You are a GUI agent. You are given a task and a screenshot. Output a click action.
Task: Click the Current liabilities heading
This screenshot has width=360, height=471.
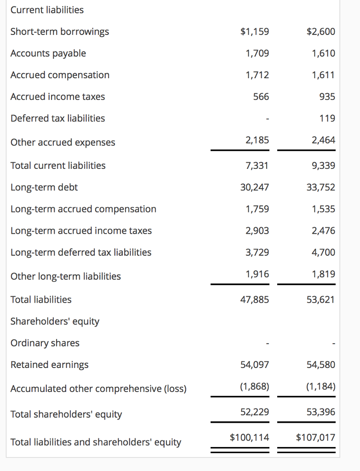tap(47, 10)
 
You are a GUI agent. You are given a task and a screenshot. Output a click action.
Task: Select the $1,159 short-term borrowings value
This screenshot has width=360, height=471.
tap(255, 32)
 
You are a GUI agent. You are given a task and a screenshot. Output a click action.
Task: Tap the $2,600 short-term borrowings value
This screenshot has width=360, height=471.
tap(320, 32)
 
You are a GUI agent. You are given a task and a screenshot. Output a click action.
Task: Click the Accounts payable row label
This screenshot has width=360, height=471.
tap(48, 53)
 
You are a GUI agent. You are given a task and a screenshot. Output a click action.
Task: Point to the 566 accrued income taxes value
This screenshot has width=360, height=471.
tap(261, 97)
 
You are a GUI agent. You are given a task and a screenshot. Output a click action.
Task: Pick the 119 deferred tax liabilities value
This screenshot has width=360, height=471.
tap(327, 118)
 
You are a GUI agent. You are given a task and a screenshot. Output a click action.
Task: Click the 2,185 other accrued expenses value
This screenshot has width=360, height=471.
tap(257, 140)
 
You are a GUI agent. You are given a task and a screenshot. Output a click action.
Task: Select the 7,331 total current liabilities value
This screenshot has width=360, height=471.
tap(257, 165)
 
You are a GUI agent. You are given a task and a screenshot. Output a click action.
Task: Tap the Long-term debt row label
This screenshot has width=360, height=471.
tap(44, 187)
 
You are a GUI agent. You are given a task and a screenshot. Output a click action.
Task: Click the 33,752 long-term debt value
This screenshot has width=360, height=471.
tap(320, 187)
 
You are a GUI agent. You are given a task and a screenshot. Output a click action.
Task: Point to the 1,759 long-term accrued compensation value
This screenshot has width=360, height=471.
tap(257, 209)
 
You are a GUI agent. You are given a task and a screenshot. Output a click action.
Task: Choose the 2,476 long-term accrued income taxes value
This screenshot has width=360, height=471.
tap(323, 230)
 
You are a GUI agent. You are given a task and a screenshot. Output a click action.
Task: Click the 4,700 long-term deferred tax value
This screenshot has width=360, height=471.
tap(323, 252)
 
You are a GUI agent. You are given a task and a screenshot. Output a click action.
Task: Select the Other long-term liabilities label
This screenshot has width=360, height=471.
tap(66, 276)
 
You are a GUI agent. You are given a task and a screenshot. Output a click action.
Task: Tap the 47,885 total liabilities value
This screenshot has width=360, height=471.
tap(255, 299)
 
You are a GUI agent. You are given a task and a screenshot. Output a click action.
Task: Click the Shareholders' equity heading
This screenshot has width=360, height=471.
tap(55, 321)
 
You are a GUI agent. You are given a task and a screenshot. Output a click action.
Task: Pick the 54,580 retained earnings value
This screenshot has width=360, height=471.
tap(320, 365)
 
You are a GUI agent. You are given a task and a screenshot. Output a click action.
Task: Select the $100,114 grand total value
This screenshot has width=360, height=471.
tap(249, 437)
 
